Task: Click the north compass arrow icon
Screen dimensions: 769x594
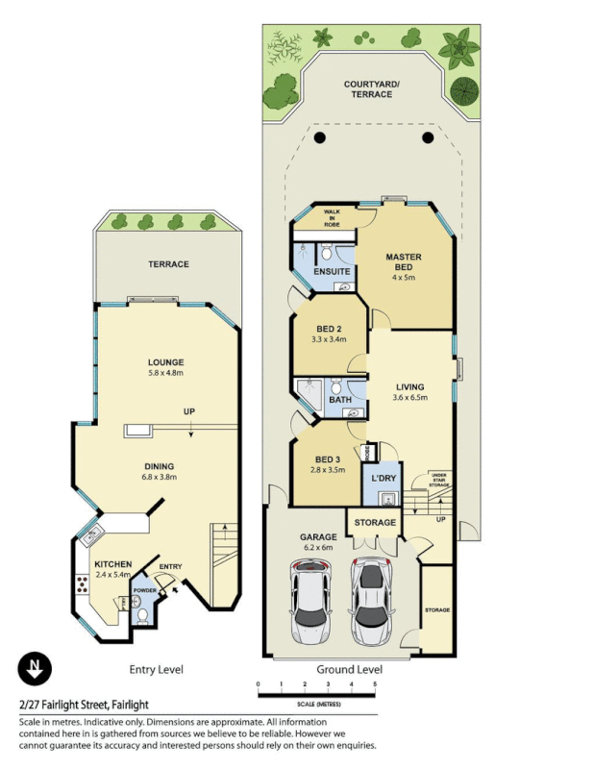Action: tap(36, 667)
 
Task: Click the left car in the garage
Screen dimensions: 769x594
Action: tap(310, 606)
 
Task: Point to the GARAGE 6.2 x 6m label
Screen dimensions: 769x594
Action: tap(317, 542)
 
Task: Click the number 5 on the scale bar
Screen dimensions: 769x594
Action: tap(375, 684)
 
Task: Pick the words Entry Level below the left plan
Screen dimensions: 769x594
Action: tap(156, 669)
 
